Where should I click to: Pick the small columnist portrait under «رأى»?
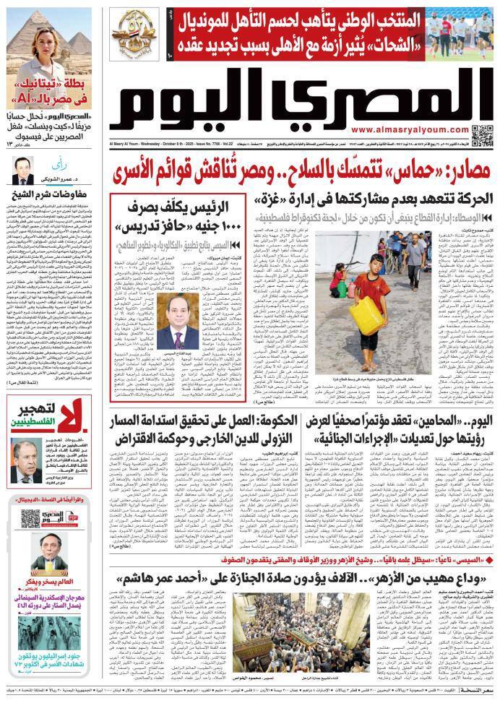pyautogui.click(x=22, y=171)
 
